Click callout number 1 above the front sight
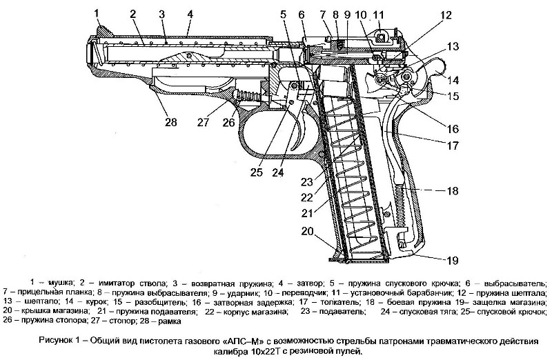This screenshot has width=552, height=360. coord(97,13)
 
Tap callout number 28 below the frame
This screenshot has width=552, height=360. coord(170,122)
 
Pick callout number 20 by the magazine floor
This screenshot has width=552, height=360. coord(307,232)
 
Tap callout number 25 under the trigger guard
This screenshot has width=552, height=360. coord(256,173)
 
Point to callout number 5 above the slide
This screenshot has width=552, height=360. coord(283,13)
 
